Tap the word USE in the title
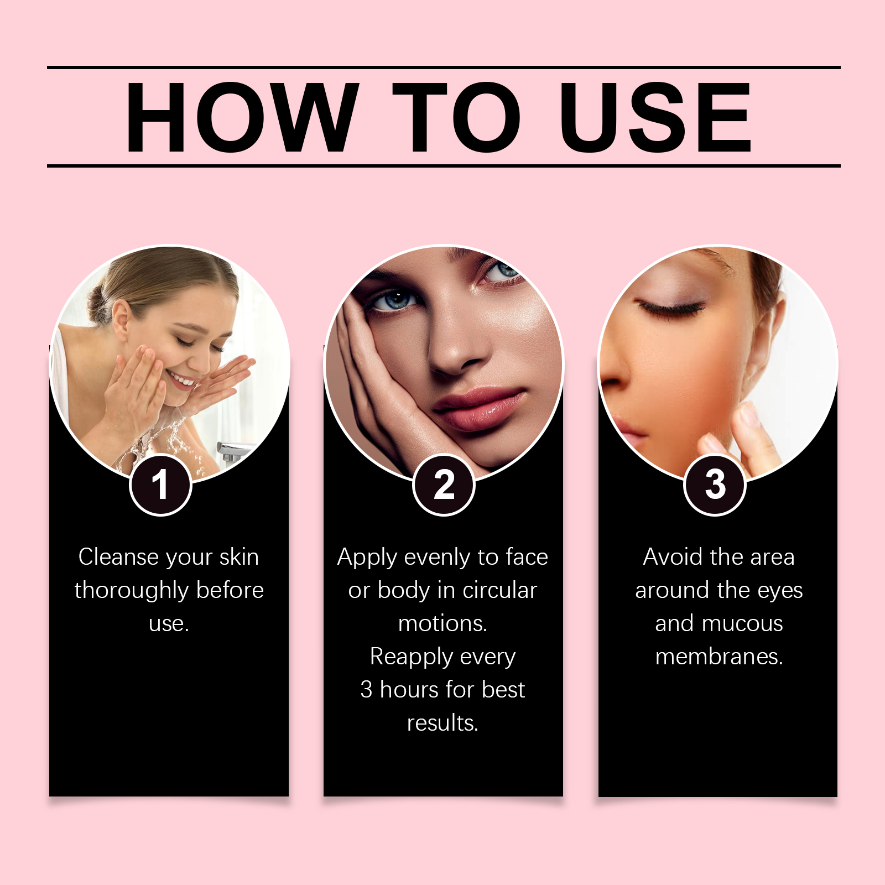pos(655,117)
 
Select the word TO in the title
pos(456,117)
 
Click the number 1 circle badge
pos(160,485)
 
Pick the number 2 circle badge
pos(444,485)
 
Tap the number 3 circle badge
pos(715,485)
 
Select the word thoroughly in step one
pos(132,591)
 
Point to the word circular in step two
pos(499,591)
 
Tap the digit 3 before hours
pos(366,690)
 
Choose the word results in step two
pos(442,723)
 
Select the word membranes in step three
pos(719,657)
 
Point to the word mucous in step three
pos(742,624)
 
